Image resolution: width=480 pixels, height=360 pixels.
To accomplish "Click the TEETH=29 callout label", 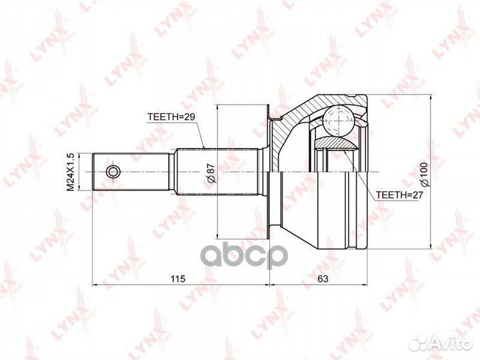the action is pyautogui.click(x=171, y=117).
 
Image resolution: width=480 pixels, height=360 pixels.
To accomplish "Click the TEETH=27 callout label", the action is pyautogui.click(x=399, y=195).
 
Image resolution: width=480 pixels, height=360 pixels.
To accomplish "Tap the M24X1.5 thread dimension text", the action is pyautogui.click(x=71, y=172).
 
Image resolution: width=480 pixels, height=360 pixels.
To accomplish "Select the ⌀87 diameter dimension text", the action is pyautogui.click(x=211, y=173).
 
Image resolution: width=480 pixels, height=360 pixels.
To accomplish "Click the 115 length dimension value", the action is pyautogui.click(x=178, y=279).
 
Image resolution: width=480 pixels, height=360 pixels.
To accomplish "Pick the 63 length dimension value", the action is pyautogui.click(x=323, y=279).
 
